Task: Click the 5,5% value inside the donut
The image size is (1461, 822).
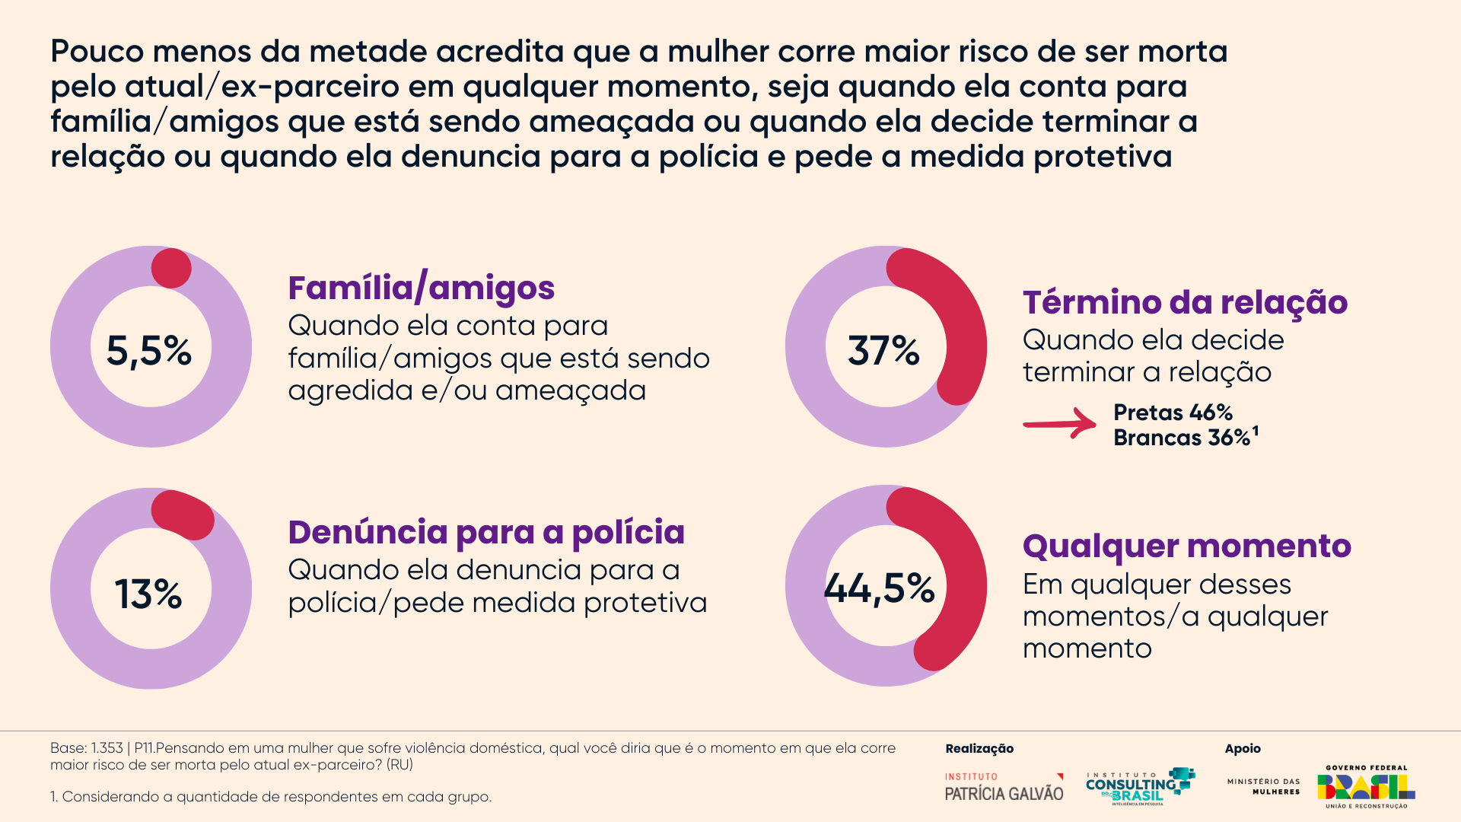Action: (149, 351)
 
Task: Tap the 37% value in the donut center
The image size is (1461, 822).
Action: (884, 351)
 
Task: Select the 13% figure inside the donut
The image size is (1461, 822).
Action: (149, 594)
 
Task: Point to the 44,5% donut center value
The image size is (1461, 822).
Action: (880, 588)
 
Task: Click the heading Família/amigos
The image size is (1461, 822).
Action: (421, 288)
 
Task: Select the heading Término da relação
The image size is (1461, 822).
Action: (1185, 303)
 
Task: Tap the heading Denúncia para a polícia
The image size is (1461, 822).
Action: (486, 533)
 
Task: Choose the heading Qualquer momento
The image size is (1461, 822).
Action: (1186, 546)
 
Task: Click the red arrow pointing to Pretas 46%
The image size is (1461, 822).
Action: (1060, 423)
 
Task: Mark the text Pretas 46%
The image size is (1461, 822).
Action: (1173, 413)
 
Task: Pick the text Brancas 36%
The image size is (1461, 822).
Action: (1182, 438)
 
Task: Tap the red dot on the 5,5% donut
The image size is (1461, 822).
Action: (171, 268)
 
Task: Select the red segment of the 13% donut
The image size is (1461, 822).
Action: (183, 515)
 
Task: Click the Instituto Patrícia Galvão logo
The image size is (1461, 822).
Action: (1004, 787)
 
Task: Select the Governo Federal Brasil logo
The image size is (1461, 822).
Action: (1366, 787)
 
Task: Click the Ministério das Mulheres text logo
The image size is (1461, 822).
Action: (1264, 787)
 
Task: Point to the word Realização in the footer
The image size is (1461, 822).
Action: (979, 749)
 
